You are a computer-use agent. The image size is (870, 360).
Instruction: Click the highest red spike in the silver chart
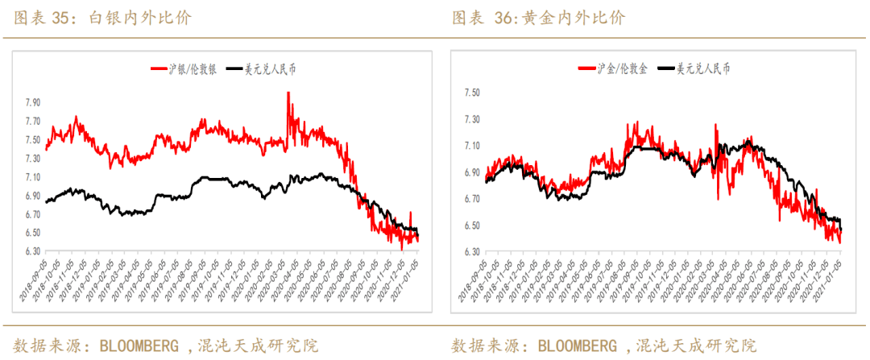tap(288, 93)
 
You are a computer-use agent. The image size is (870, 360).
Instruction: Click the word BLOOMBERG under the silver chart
tap(138, 346)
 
